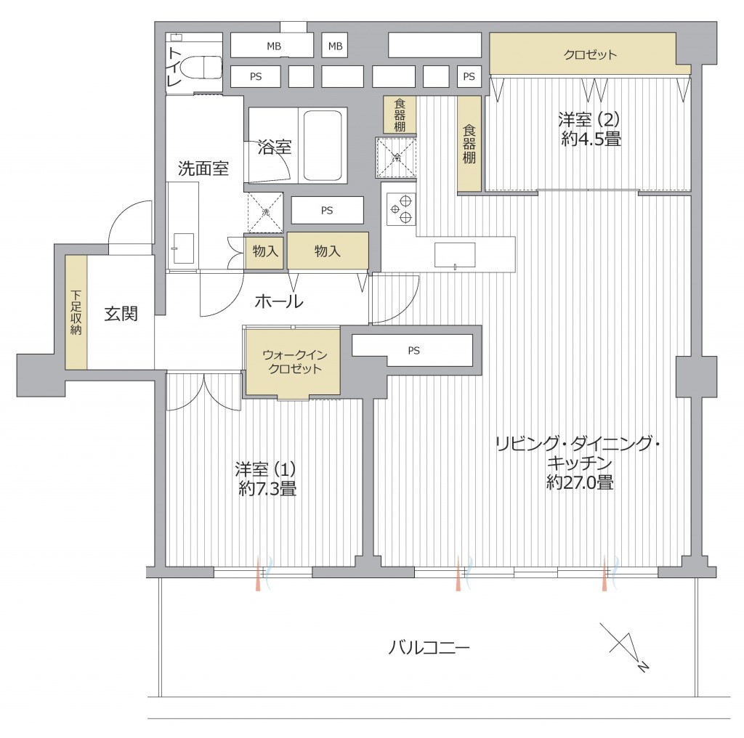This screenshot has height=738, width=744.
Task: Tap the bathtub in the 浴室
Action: pyautogui.click(x=323, y=146)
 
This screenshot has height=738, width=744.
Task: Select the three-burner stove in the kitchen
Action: pyautogui.click(x=401, y=209)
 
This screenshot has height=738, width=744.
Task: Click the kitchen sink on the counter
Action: pyautogui.click(x=455, y=255)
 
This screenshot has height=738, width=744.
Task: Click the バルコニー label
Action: pyautogui.click(x=429, y=647)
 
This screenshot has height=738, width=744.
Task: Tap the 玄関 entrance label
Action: pyautogui.click(x=121, y=314)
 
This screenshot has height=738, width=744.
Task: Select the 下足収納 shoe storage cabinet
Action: pyautogui.click(x=76, y=312)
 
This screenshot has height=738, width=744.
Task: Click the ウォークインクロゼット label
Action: pyautogui.click(x=295, y=362)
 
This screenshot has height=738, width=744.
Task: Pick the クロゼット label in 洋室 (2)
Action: pyautogui.click(x=590, y=54)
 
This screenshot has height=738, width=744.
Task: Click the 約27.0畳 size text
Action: pyautogui.click(x=580, y=482)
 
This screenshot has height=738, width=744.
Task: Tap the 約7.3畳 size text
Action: pyautogui.click(x=267, y=488)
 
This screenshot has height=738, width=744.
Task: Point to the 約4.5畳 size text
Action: pyautogui.click(x=591, y=139)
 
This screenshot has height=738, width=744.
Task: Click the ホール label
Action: pyautogui.click(x=279, y=301)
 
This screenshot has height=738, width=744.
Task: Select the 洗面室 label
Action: pyautogui.click(x=203, y=169)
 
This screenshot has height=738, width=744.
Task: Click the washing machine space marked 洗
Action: pyautogui.click(x=265, y=213)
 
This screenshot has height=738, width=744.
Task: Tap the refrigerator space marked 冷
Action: pyautogui.click(x=397, y=158)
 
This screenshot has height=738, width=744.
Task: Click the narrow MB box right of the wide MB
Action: pyautogui.click(x=335, y=46)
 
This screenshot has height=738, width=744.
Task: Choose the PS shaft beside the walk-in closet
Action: pyautogui.click(x=413, y=351)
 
